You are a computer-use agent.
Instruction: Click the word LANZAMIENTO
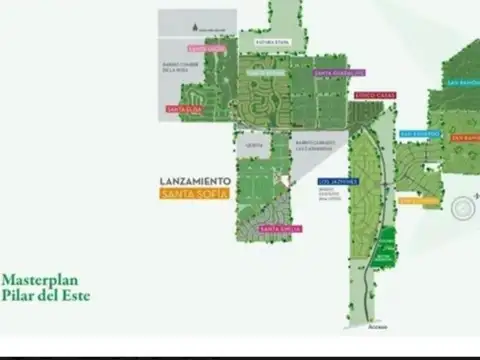point(195,181)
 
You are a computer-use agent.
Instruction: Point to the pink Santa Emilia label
point(281,229)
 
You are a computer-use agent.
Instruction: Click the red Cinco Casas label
point(375,95)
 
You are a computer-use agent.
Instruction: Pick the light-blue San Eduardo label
point(418,132)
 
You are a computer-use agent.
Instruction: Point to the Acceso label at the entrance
point(376,325)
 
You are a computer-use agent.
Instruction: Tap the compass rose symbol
point(463,209)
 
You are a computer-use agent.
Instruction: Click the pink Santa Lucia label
point(205,47)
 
